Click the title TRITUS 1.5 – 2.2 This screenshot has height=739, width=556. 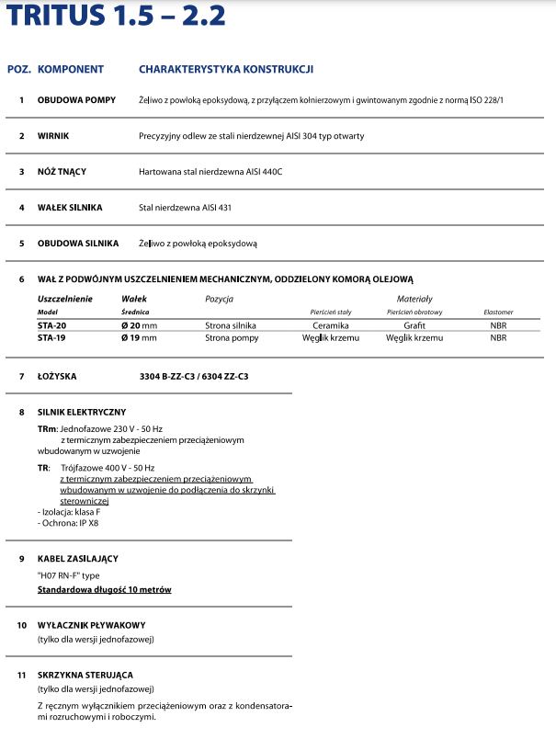click(115, 17)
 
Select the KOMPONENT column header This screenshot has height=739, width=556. click(70, 70)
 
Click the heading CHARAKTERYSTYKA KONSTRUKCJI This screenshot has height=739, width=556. click(226, 70)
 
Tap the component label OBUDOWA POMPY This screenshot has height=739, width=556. click(76, 99)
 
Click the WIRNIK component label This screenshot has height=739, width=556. click(53, 136)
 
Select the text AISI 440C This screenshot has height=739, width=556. click(260, 172)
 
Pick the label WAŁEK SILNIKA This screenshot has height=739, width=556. click(70, 208)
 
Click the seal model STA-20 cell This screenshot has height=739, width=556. click(52, 325)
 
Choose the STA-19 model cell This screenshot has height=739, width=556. click(52, 338)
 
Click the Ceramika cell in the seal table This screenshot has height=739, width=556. click(331, 325)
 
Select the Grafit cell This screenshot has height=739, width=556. click(414, 325)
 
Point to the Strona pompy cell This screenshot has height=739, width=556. click(231, 338)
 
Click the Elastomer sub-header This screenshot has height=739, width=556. click(498, 313)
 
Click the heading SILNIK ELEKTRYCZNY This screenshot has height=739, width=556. click(82, 412)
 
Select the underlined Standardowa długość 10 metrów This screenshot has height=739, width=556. click(104, 589)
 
